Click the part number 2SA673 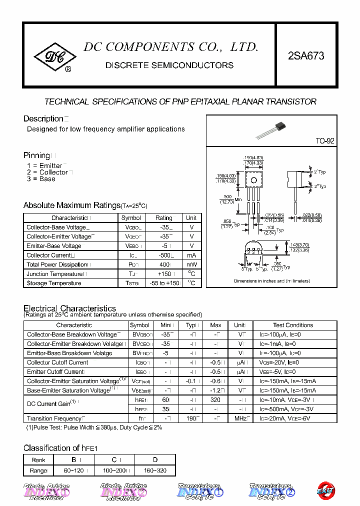click(x=306, y=56)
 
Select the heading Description click(x=43, y=119)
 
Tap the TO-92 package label click(x=324, y=141)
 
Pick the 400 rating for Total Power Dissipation click(x=163, y=264)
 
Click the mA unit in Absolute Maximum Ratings click(x=191, y=255)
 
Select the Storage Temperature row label click(x=54, y=283)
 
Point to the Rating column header click(x=163, y=218)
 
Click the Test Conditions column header click(x=293, y=325)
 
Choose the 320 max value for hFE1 click(x=215, y=400)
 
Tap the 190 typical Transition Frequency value click(x=192, y=418)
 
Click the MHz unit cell click(x=240, y=418)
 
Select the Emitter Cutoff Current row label click(x=55, y=372)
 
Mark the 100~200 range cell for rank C click(x=114, y=471)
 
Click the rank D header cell click(x=155, y=460)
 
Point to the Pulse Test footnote click(x=94, y=428)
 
